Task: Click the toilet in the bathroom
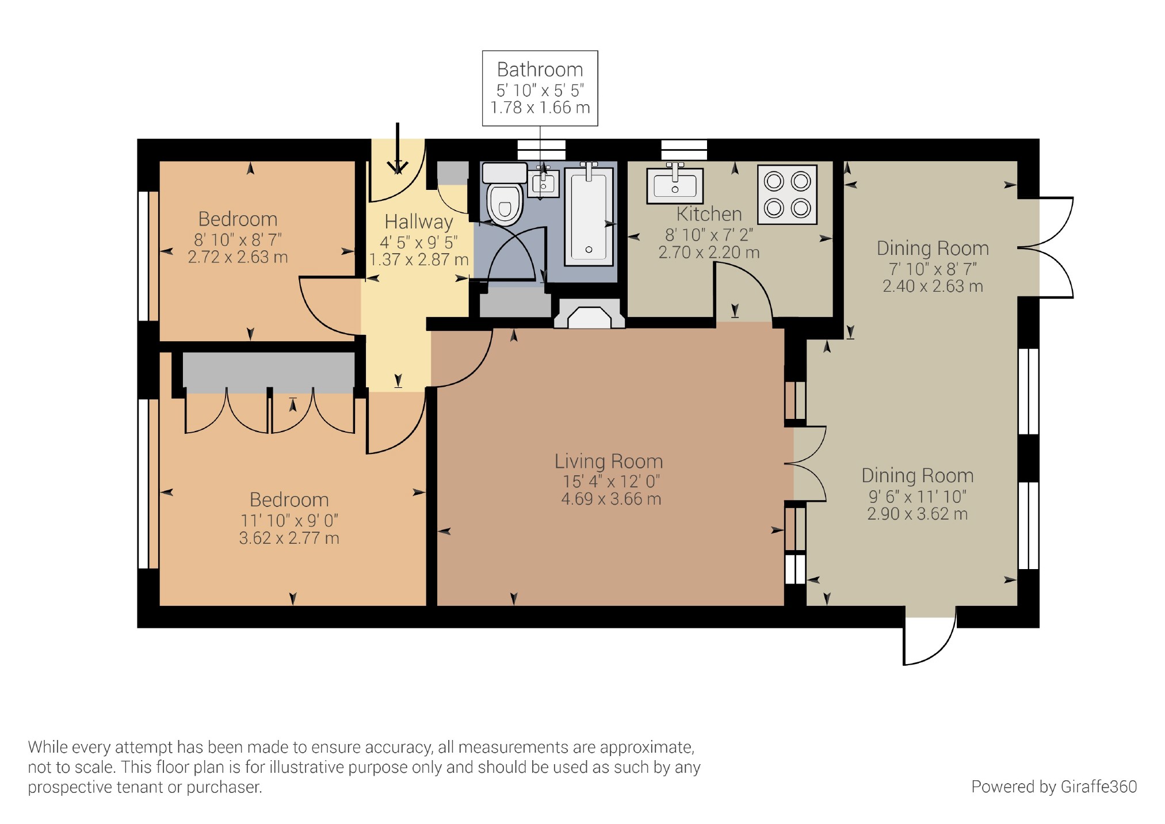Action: (x=505, y=194)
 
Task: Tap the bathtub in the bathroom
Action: (x=589, y=216)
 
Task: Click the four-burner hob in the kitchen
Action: (x=787, y=194)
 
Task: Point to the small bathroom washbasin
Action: (x=543, y=183)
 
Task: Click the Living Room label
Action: (x=609, y=461)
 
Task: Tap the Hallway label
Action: (x=419, y=222)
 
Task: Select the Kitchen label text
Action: (x=709, y=214)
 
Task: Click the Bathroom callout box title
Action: (x=540, y=70)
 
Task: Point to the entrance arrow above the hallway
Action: (x=397, y=148)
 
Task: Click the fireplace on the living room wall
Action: (x=589, y=314)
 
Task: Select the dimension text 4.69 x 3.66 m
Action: (x=611, y=499)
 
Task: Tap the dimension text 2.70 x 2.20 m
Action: (x=709, y=253)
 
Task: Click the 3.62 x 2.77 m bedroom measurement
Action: (x=289, y=539)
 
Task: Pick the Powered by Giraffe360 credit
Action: (x=1054, y=787)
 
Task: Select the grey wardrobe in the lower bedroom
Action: (x=268, y=372)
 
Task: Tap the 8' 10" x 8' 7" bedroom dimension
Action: (x=238, y=239)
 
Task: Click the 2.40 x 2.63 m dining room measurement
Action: (x=933, y=287)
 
